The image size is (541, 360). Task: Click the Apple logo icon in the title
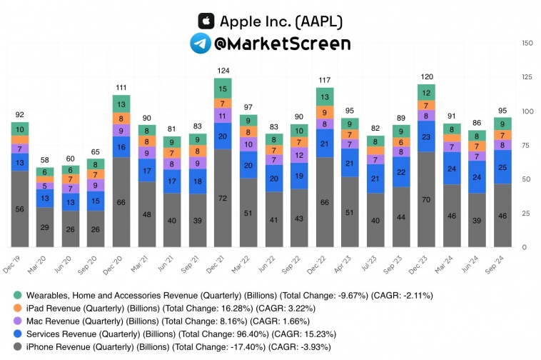point(206,21)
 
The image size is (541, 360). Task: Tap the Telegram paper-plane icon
point(199,44)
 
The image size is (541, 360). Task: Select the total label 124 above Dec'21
point(223,70)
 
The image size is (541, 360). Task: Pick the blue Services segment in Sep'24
point(503,167)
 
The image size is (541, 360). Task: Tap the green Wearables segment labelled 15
point(223,89)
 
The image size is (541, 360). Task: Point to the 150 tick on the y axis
point(527,44)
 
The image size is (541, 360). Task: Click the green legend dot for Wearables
point(16,295)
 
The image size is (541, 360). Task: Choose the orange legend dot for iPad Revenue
point(16,308)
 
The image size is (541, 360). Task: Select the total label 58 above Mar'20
point(45,161)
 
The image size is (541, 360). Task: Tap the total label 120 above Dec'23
point(428,76)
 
